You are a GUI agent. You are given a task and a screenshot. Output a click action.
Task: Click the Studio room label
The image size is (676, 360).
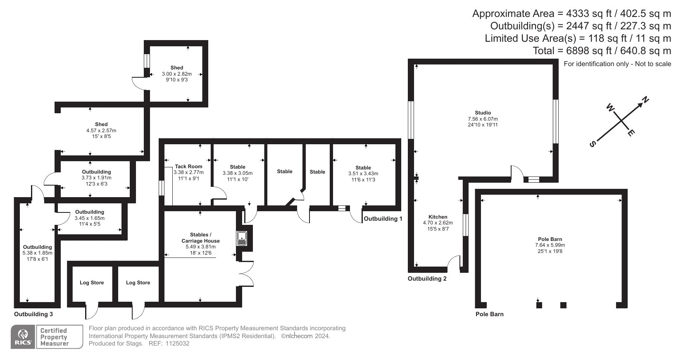[483, 113]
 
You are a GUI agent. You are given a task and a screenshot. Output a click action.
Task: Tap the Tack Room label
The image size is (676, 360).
[188, 167]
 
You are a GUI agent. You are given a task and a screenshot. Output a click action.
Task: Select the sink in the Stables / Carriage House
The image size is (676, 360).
[242, 238]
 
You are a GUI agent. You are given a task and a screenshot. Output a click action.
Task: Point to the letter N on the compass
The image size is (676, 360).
[645, 100]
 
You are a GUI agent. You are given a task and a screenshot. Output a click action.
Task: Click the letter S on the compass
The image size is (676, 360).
[593, 144]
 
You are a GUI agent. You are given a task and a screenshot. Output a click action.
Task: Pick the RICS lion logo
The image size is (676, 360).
[23, 336]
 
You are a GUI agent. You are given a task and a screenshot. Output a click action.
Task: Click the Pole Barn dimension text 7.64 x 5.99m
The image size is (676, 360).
[550, 246]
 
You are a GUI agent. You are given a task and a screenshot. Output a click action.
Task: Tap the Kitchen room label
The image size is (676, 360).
[438, 217]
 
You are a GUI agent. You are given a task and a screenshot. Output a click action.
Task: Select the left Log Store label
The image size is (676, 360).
[92, 283]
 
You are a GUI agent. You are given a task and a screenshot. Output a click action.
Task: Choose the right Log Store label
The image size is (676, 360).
[138, 283]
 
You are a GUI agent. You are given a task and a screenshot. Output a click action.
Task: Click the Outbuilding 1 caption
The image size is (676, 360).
[383, 219]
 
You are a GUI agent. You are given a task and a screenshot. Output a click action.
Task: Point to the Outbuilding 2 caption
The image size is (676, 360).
[427, 279]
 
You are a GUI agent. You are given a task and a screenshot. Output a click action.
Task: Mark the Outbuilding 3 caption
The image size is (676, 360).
[33, 315]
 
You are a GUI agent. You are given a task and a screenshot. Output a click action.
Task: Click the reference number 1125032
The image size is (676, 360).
[177, 344]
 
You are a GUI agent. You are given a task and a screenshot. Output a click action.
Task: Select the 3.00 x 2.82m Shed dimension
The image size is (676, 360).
[177, 74]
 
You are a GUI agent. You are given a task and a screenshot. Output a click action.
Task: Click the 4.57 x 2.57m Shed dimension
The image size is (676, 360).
[101, 131]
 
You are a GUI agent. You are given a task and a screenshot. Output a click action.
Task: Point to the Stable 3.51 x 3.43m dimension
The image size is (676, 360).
[363, 174]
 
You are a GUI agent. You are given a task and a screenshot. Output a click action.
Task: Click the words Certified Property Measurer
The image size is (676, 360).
[54, 337]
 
